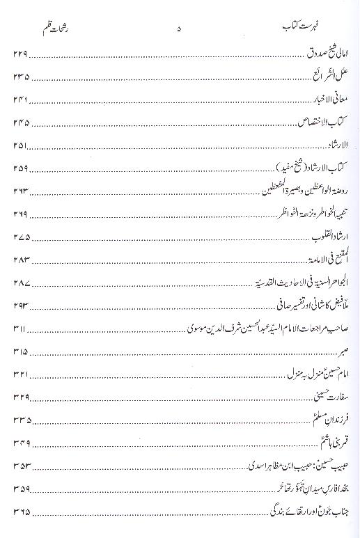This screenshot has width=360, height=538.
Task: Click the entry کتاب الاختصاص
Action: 324,123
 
